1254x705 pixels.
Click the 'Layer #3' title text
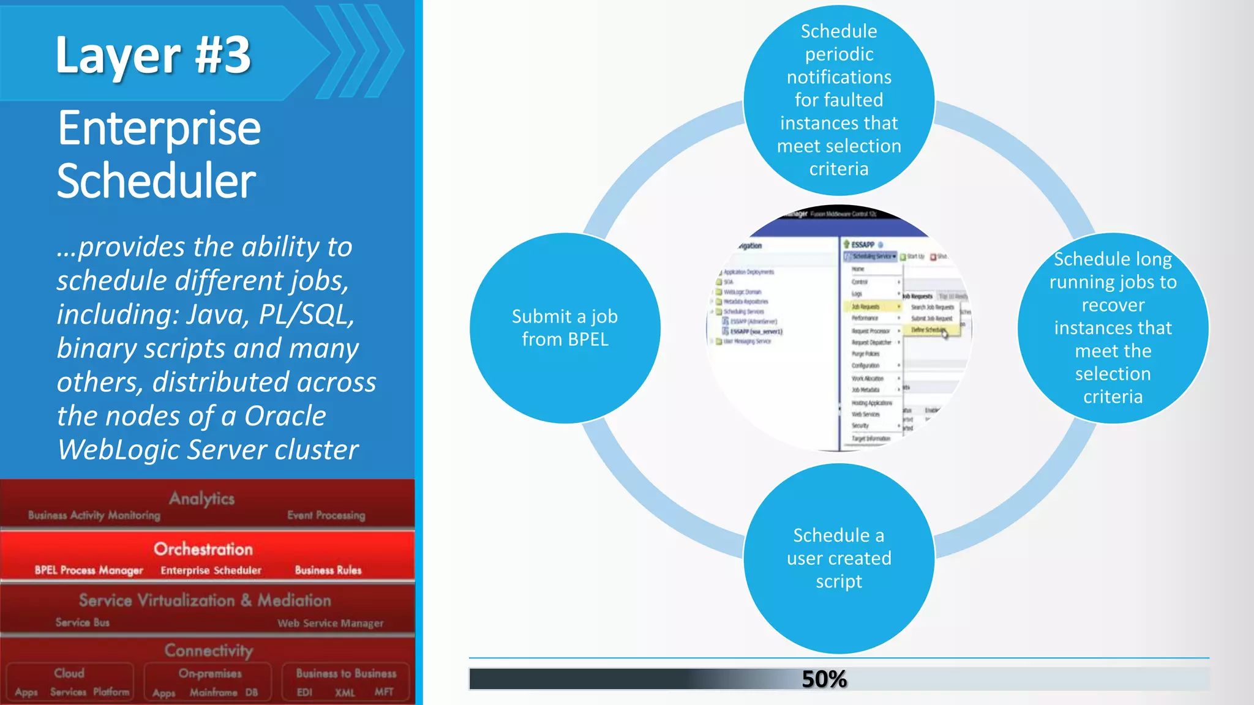click(153, 55)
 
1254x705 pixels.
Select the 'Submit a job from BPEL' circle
click(565, 328)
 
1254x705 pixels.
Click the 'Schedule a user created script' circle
click(839, 558)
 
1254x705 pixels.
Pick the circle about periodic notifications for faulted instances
click(839, 100)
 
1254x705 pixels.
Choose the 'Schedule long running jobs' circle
click(1113, 328)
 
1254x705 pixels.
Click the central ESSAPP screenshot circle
click(839, 328)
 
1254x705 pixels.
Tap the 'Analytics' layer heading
click(201, 499)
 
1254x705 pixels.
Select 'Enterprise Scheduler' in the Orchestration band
click(211, 570)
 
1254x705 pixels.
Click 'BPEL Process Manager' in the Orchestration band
click(89, 570)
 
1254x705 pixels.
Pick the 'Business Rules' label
click(328, 570)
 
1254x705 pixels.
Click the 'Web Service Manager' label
click(330, 623)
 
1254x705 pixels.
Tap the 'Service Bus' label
click(83, 622)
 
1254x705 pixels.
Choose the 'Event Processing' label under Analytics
click(326, 515)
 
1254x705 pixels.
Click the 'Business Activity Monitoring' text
click(94, 515)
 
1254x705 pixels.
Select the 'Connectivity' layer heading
click(208, 650)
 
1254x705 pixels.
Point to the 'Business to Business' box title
click(346, 673)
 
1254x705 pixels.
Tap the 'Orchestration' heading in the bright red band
click(203, 549)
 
